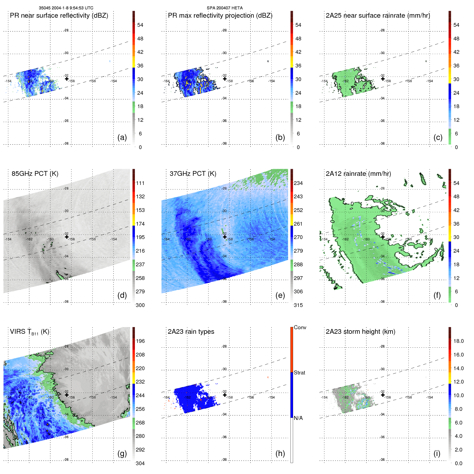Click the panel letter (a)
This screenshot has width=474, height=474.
122,138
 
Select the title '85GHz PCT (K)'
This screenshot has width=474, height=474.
35,174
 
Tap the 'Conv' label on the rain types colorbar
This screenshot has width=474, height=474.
300,328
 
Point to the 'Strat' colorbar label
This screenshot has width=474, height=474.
299,373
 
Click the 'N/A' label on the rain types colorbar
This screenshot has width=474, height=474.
298,418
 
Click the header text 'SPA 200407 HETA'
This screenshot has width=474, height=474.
225,8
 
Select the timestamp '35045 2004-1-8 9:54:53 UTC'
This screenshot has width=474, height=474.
66,8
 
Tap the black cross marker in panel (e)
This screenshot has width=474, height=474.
225,237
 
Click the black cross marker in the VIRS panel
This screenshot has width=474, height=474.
67,395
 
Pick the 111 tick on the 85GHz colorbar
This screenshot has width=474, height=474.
140,183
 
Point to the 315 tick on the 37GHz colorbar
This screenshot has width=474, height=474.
298,305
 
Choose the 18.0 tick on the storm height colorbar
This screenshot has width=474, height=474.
458,341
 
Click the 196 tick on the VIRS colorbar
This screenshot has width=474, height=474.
140,341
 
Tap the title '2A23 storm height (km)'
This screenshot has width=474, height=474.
360,332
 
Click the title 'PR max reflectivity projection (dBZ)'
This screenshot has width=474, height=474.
220,16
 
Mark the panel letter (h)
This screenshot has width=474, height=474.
280,453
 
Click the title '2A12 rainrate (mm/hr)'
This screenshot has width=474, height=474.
358,174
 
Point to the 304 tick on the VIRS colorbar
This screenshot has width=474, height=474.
140,464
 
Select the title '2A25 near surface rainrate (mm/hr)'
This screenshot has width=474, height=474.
378,16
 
